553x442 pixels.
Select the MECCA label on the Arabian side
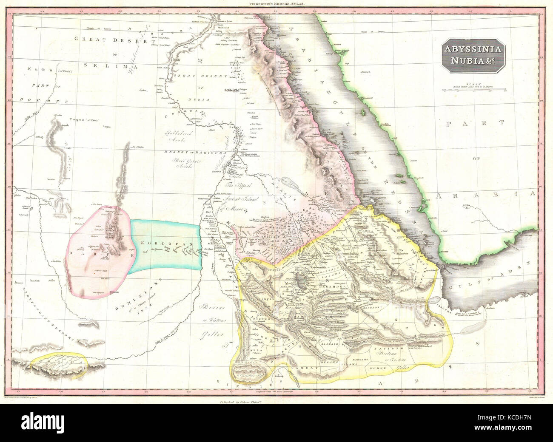(x=366, y=73)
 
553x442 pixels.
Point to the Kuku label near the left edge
(x=34, y=69)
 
